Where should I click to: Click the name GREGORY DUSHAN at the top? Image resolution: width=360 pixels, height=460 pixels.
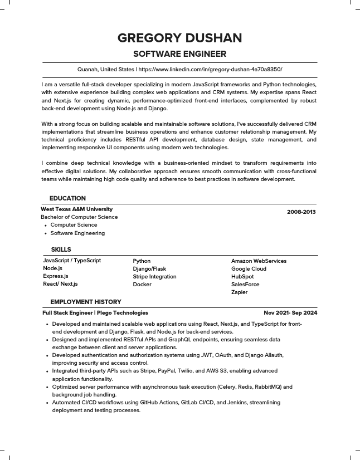179,38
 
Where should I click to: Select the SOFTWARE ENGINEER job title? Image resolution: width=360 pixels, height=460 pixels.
179,54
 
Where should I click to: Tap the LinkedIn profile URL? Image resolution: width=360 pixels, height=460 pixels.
210,70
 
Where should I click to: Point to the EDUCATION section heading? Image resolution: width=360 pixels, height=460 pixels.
67,198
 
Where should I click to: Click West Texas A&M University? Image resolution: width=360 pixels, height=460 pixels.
76,209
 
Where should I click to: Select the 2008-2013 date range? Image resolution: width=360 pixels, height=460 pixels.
301,212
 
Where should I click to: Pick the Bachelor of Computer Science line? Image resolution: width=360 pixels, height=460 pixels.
79,217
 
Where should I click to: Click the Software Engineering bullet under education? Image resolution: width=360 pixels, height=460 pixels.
77,233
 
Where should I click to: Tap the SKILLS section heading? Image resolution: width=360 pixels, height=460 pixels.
61,249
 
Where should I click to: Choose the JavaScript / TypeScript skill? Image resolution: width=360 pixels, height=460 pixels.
72,260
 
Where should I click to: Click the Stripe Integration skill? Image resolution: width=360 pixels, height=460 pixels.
154,276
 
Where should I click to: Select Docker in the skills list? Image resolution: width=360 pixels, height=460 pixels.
142,284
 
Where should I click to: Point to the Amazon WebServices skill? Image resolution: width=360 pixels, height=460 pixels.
259,261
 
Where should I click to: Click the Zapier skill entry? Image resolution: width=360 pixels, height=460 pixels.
239,292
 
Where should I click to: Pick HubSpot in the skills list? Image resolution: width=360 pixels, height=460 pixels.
242,276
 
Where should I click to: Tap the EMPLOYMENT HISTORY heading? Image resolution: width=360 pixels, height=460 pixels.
85,302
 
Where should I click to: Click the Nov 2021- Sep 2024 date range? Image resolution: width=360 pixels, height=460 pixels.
290,313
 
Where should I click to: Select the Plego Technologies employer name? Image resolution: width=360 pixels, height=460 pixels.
123,313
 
